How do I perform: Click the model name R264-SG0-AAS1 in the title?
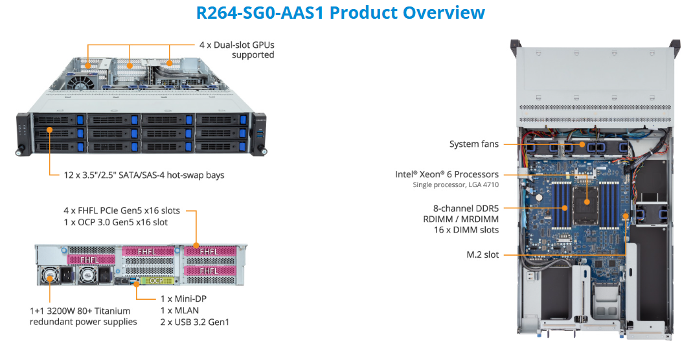click(260, 12)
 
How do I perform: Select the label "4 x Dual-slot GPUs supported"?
click(236, 51)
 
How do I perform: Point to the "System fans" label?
click(474, 144)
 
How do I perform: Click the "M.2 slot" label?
click(483, 254)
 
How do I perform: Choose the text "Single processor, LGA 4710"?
click(456, 185)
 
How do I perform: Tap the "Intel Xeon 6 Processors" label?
click(447, 174)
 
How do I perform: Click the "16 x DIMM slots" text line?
click(466, 229)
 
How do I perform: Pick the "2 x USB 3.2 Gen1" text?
click(194, 322)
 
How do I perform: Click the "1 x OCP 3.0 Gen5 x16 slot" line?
click(116, 222)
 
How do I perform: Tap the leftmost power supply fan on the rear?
click(51, 276)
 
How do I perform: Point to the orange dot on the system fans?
click(581, 144)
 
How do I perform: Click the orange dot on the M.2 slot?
click(626, 254)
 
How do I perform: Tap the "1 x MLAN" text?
click(179, 310)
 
